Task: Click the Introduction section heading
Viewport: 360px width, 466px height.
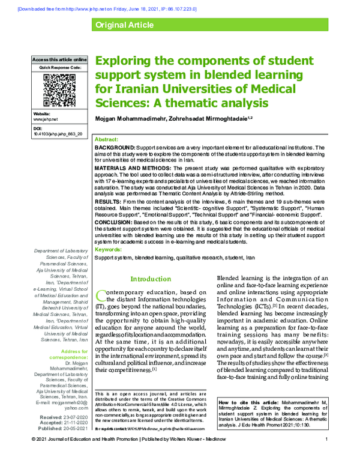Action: click(151, 279)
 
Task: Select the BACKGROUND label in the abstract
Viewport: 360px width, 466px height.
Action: click(115, 147)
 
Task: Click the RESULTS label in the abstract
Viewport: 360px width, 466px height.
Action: click(108, 202)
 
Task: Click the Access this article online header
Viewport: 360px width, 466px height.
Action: click(59, 60)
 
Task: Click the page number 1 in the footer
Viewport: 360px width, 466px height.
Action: click(325, 457)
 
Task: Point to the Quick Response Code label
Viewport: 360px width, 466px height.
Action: click(59, 67)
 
